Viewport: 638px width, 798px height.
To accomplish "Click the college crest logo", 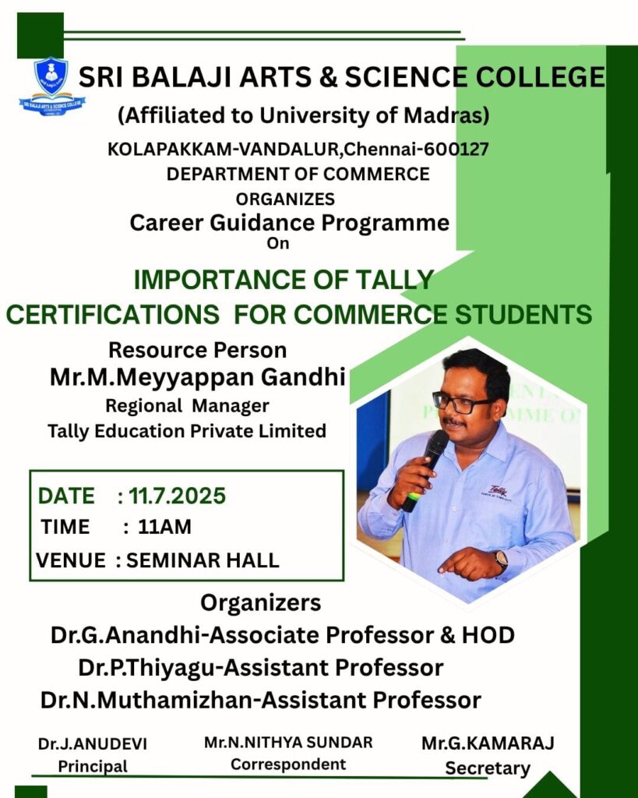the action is click(x=52, y=86).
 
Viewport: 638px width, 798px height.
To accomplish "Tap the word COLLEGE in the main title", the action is click(x=541, y=77).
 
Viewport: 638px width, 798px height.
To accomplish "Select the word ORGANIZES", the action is click(x=285, y=199).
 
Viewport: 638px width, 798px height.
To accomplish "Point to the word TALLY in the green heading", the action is click(x=394, y=280).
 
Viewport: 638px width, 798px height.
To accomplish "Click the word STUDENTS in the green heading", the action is click(x=523, y=314).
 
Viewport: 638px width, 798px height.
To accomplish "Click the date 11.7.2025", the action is click(x=177, y=496).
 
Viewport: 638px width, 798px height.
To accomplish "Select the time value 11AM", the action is click(x=164, y=527).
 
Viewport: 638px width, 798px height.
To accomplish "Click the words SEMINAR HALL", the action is click(x=203, y=560).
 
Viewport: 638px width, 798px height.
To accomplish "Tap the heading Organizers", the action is click(x=260, y=603).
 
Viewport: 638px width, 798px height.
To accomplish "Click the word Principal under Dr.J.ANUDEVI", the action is click(x=93, y=766).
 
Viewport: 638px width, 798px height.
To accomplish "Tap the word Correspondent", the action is click(x=288, y=764).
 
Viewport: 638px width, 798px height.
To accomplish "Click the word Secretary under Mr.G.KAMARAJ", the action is click(x=488, y=768).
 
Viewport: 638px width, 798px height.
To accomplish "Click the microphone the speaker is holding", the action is click(x=425, y=469).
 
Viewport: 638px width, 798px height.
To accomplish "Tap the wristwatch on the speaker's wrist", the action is click(x=501, y=560).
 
